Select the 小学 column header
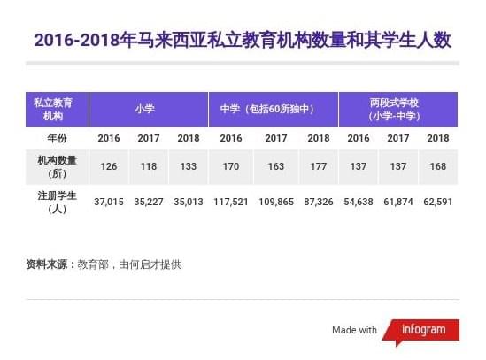[149, 110]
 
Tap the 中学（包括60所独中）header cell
[274, 110]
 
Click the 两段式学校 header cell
[398, 110]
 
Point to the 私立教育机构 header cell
[57, 110]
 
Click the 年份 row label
[57, 138]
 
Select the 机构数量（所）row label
[57, 167]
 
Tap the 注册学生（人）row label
[57, 202]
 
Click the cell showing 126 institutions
[109, 166]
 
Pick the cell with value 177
[319, 166]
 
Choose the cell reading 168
[438, 166]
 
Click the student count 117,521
[231, 202]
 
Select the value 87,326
[319, 202]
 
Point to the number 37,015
[109, 202]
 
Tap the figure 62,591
[438, 202]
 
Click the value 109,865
[276, 202]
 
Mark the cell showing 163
[276, 166]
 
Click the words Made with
[355, 330]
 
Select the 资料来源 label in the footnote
[47, 264]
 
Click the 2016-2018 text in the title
[77, 41]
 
